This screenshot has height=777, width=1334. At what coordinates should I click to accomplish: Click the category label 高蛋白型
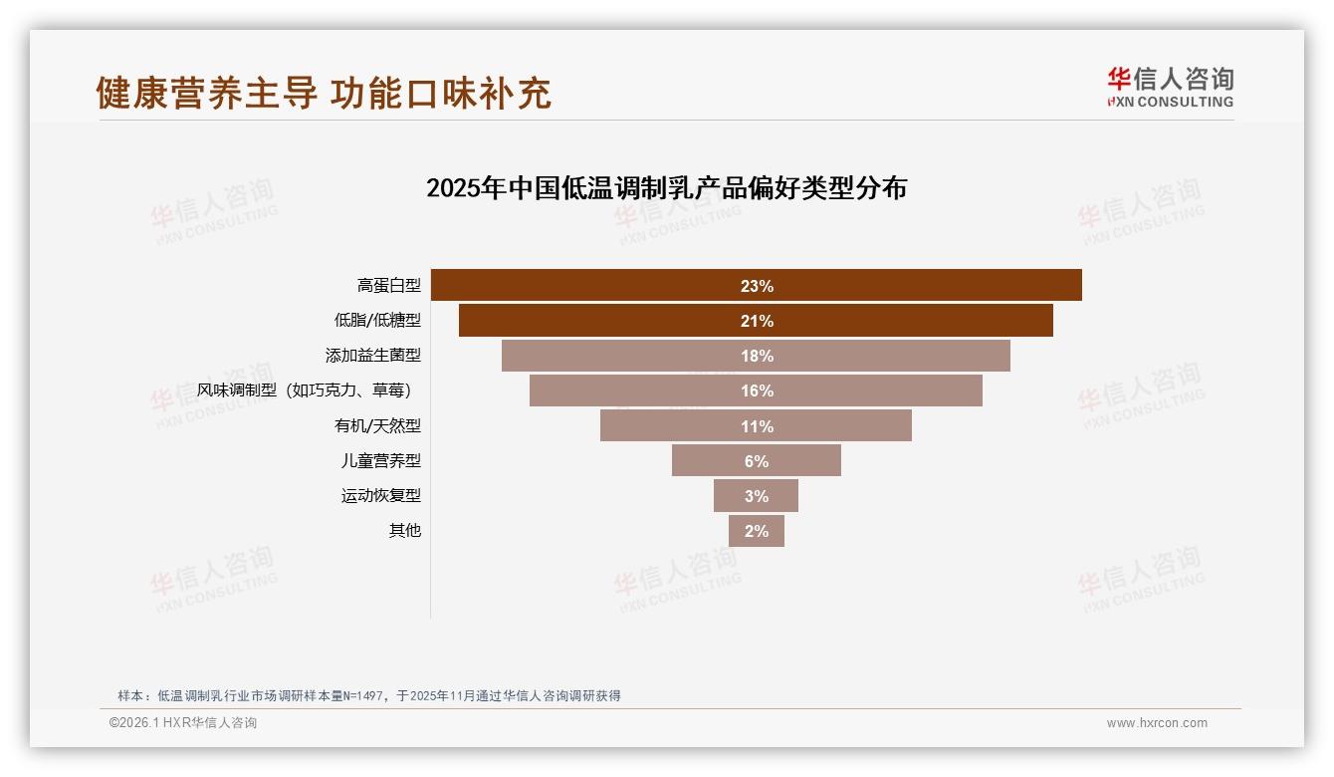(389, 286)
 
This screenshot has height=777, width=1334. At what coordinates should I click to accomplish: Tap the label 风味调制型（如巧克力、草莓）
(304, 390)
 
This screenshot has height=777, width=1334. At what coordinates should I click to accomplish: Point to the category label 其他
(404, 531)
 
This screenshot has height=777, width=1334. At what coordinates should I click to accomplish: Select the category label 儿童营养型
(381, 461)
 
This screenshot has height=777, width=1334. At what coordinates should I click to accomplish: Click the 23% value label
(757, 286)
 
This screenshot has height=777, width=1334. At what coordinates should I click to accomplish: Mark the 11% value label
(757, 426)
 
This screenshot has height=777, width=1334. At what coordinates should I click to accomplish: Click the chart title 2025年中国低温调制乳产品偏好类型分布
(666, 188)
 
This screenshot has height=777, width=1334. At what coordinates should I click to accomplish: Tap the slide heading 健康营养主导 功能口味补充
(324, 93)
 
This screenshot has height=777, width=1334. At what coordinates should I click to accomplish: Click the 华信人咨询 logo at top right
(1170, 87)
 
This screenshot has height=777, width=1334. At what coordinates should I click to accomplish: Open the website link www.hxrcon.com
(1157, 723)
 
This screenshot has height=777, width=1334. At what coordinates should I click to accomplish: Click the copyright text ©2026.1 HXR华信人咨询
(183, 723)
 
